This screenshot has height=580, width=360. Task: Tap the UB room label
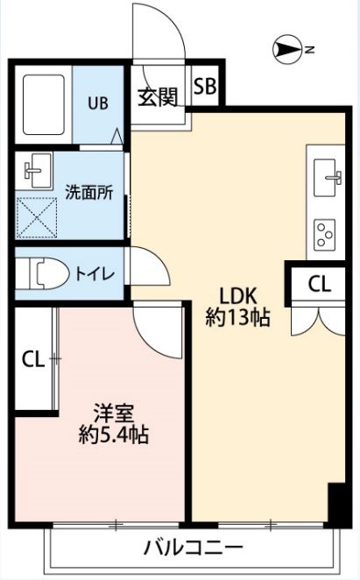[97, 103]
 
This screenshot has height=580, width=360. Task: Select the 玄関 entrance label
[158, 97]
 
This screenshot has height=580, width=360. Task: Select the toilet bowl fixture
[45, 273]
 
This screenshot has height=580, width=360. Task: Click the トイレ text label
[94, 273]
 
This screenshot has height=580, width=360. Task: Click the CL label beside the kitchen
[320, 283]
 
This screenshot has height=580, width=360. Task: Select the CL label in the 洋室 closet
[33, 357]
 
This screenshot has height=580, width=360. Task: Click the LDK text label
[236, 294]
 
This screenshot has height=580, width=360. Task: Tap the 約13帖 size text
[236, 318]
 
